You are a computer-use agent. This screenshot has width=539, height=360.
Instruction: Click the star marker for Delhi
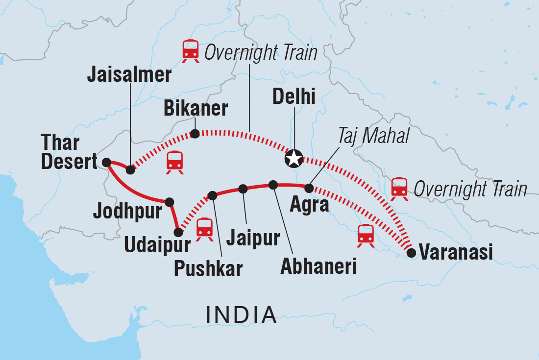[x=293, y=159]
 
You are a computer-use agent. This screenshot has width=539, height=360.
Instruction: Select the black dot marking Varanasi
[x=412, y=253]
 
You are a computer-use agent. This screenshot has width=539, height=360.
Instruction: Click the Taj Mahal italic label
[x=373, y=137]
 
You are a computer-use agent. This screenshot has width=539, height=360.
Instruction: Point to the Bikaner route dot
[x=195, y=133]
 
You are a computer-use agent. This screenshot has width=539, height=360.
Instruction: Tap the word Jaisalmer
[x=129, y=74]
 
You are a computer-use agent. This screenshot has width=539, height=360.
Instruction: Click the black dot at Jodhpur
[x=170, y=201]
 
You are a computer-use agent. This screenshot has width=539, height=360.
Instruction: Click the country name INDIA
[x=241, y=314]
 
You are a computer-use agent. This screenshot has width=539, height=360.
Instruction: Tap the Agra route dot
[x=309, y=188]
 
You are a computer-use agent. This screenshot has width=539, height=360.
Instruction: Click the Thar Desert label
[x=70, y=153]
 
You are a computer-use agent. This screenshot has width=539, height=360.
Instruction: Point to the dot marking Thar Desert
[x=106, y=161]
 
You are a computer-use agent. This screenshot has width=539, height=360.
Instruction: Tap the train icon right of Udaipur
[x=204, y=229]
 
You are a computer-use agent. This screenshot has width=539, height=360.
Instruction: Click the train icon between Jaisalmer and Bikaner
[x=175, y=162]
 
